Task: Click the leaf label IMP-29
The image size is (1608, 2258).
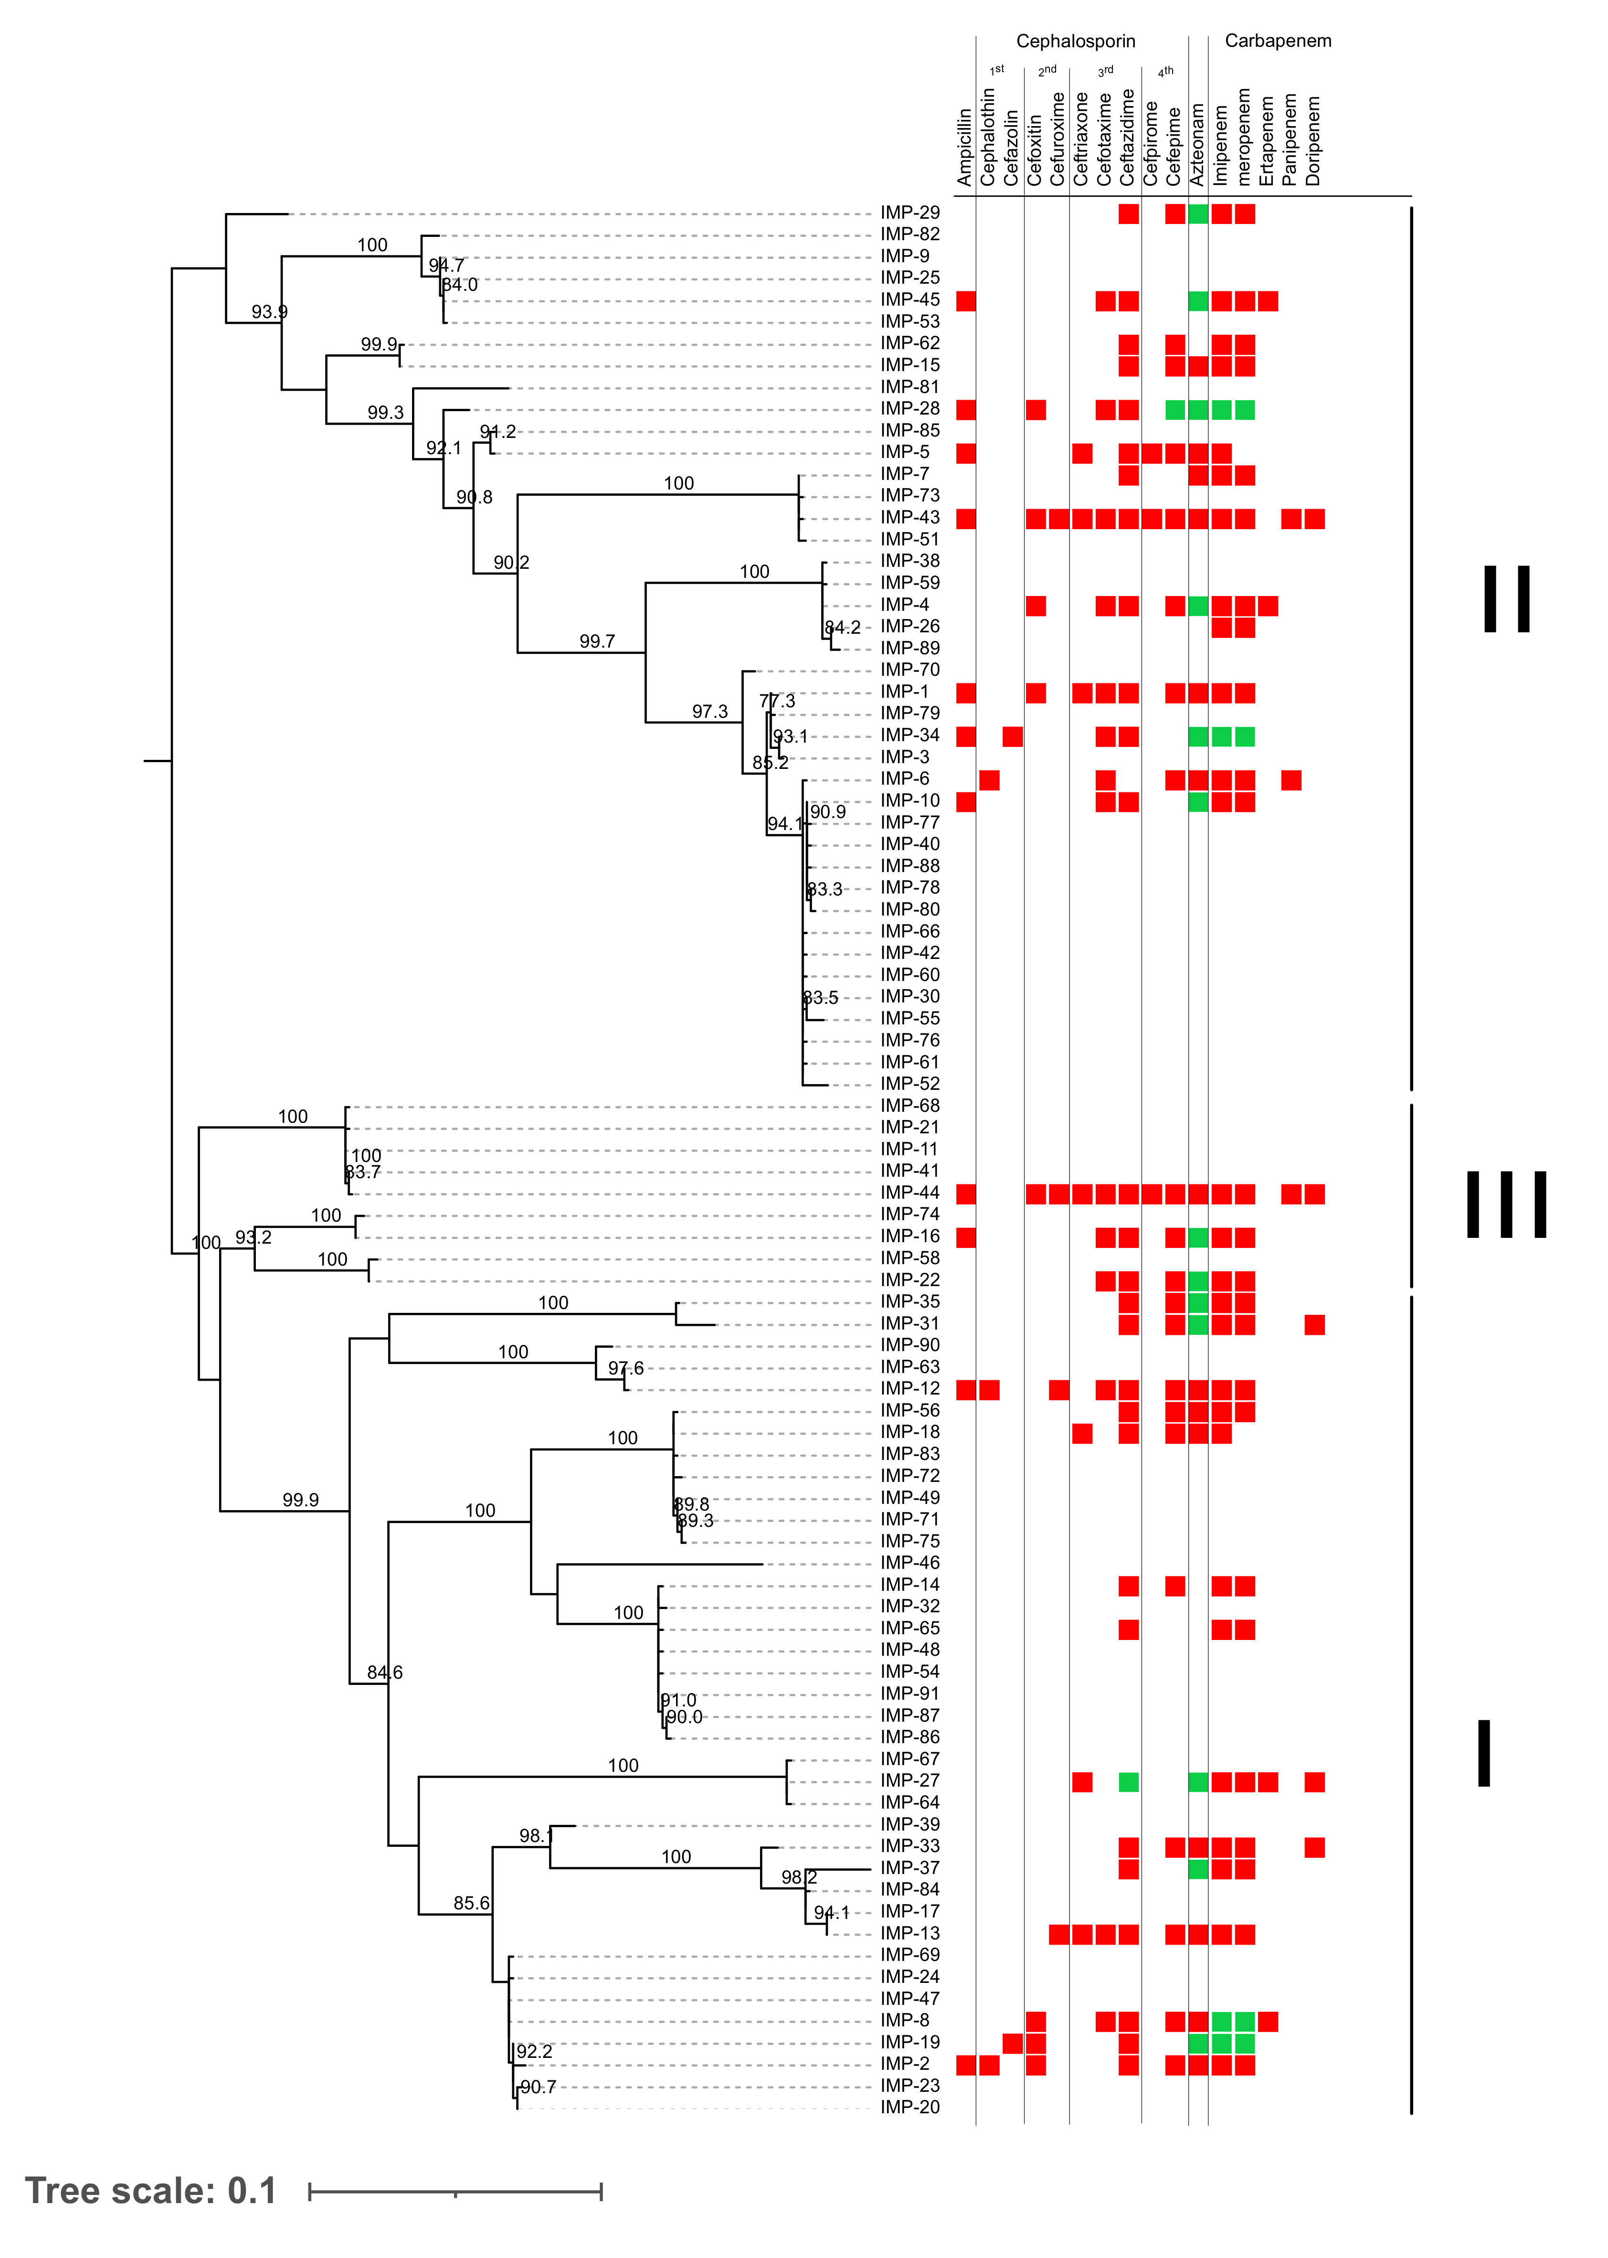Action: [909, 213]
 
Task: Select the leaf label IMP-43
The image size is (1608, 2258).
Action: [909, 518]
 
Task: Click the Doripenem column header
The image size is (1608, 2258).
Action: [1314, 140]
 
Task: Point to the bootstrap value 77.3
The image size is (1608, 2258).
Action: [777, 701]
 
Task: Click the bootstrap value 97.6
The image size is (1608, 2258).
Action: [626, 1369]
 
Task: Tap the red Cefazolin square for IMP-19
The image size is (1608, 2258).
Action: [1012, 2043]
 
